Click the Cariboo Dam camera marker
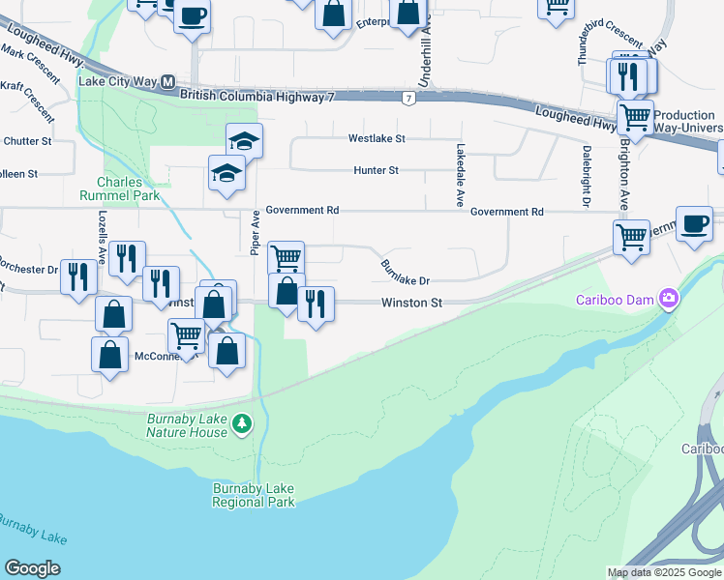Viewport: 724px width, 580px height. point(668,299)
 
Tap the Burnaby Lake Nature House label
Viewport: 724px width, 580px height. point(188,425)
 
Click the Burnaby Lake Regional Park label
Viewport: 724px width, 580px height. point(254,495)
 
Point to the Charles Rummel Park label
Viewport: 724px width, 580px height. point(120,188)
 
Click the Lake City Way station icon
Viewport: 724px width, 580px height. point(167,82)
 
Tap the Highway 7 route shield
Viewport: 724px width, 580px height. point(410,99)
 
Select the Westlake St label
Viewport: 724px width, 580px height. point(377,138)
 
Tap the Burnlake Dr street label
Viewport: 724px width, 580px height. point(405,272)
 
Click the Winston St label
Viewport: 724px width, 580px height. point(411,303)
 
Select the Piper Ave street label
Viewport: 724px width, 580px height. point(255,232)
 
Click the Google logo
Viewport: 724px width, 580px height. point(32,568)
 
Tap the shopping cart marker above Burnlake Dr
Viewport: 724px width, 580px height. point(286,258)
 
